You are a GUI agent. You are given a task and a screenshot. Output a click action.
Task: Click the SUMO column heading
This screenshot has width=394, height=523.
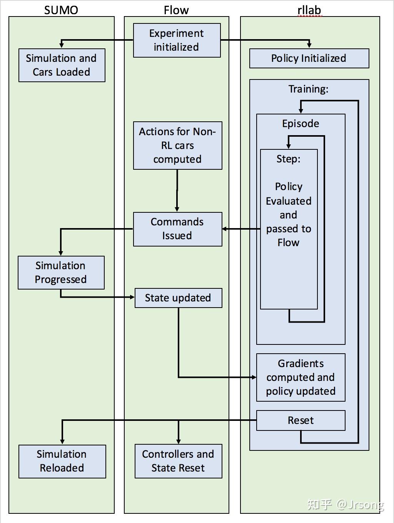pos(61,10)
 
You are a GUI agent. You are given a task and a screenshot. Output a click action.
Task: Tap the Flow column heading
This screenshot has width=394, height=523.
pos(176,10)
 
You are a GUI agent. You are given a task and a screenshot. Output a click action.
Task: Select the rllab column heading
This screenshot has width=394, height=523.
pos(309,10)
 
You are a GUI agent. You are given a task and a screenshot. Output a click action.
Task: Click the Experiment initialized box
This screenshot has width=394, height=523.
pos(177,40)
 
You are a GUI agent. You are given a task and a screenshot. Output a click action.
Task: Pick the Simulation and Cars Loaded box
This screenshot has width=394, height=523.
pos(62,65)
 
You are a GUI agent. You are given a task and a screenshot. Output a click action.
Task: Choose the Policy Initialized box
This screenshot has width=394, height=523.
pos(309,58)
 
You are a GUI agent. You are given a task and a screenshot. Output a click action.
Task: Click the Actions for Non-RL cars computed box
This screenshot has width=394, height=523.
pos(177,146)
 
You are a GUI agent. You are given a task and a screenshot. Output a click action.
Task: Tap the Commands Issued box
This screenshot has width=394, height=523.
pos(177,229)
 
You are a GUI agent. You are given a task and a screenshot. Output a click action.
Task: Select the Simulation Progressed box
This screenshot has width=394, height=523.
pos(61,272)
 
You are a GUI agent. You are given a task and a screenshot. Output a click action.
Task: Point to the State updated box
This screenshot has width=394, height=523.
pos(178,298)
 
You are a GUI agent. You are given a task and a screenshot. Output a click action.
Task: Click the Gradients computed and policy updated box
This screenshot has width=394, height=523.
pos(301,377)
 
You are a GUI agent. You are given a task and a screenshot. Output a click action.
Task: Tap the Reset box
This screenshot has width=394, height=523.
pos(301,420)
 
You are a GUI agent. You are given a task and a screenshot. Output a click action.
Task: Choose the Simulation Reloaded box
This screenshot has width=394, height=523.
pos(62,461)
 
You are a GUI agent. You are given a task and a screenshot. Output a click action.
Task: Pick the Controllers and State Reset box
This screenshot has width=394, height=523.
pos(178,461)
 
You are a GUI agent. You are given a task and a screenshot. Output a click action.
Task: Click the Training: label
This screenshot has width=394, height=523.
pos(309,89)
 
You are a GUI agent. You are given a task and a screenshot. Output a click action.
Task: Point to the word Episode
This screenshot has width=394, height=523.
pos(301,124)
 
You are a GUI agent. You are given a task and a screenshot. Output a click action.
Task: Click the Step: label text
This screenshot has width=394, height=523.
pos(289,159)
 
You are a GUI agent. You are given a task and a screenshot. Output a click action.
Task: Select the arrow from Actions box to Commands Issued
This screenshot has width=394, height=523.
pos(177,190)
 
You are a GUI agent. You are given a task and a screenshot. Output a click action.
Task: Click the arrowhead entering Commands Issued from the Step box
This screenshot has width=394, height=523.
pos(225,229)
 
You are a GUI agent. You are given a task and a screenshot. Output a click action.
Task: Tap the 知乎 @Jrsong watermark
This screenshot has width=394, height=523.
pos(345,504)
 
